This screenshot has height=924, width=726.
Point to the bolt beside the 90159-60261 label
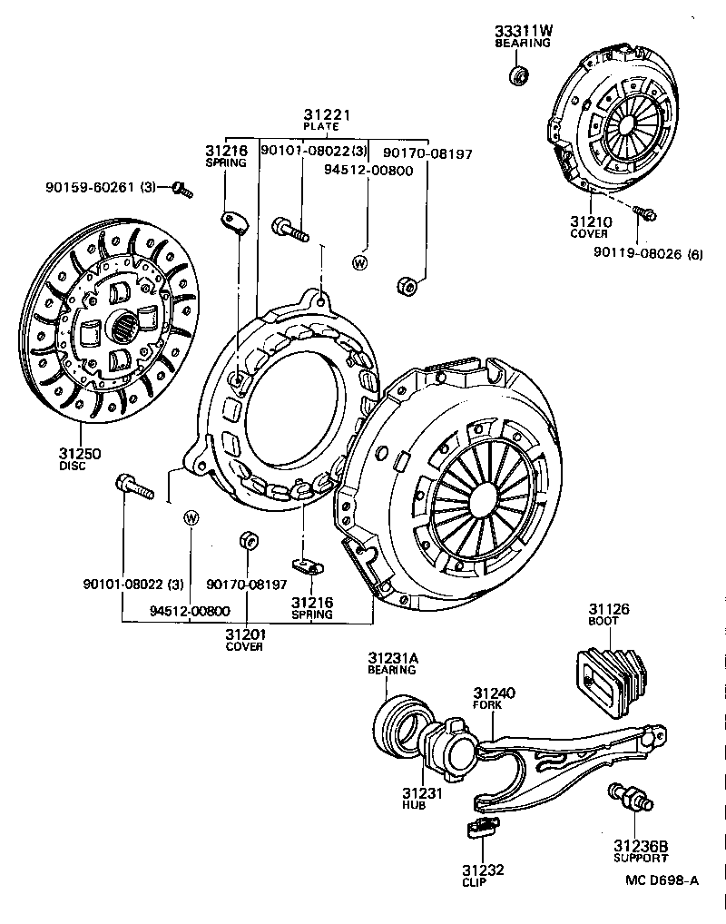click(181, 189)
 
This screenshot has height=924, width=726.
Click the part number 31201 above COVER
click(245, 634)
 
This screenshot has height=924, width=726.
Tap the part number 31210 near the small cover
click(591, 221)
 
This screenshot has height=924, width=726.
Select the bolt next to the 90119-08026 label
click(646, 214)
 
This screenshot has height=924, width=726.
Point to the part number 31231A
click(394, 658)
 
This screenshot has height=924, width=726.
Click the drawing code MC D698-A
click(662, 879)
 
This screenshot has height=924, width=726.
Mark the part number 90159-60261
click(89, 188)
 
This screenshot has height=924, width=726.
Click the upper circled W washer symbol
click(359, 262)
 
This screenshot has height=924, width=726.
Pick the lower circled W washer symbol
click(191, 518)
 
